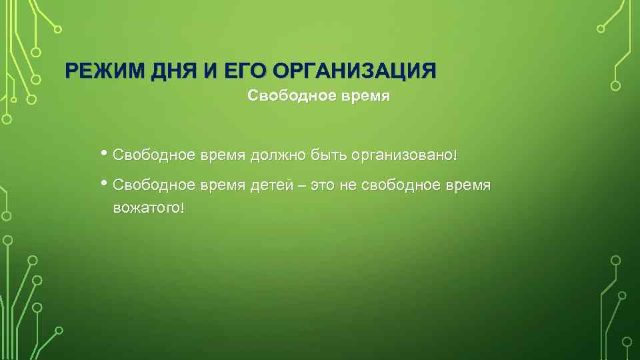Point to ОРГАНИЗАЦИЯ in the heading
pos(355,71)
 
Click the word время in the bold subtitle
pos(366,96)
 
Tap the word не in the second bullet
pos(349,184)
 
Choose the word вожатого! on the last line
pos(148,208)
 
